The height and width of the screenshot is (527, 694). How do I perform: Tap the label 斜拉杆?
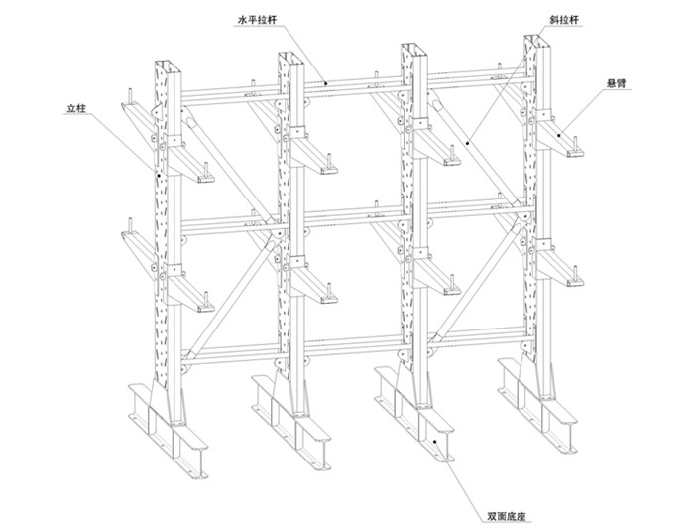tap(564, 20)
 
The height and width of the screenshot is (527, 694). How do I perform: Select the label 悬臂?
tap(616, 83)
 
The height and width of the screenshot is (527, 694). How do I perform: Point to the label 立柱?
tap(76, 108)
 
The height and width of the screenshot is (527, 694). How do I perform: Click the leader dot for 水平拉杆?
tap(325, 83)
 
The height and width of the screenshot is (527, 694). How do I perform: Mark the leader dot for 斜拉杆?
tap(468, 143)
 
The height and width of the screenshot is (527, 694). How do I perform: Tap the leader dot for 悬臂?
tap(559, 135)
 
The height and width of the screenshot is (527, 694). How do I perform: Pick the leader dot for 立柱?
tap(159, 175)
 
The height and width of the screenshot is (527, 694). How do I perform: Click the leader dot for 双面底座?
tap(434, 441)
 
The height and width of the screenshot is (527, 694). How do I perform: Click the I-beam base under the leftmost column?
tap(169, 431)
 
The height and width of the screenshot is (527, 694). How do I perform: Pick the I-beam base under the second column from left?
tap(291, 422)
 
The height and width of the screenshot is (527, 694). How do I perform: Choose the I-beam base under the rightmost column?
tap(537, 405)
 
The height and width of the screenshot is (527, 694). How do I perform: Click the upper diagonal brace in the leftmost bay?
tap(229, 165)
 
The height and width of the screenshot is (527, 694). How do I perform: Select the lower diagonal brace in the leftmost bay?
tap(230, 298)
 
